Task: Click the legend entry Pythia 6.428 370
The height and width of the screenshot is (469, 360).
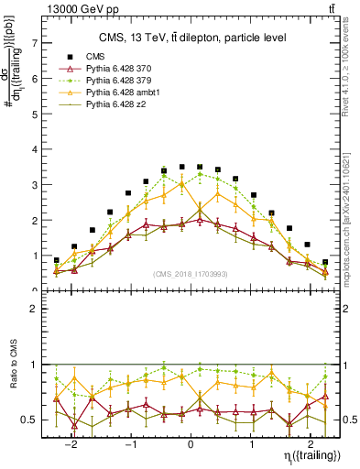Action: point(118,70)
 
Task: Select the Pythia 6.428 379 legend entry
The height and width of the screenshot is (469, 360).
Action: point(118,82)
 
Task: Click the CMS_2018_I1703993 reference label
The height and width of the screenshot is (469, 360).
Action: point(191,273)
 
